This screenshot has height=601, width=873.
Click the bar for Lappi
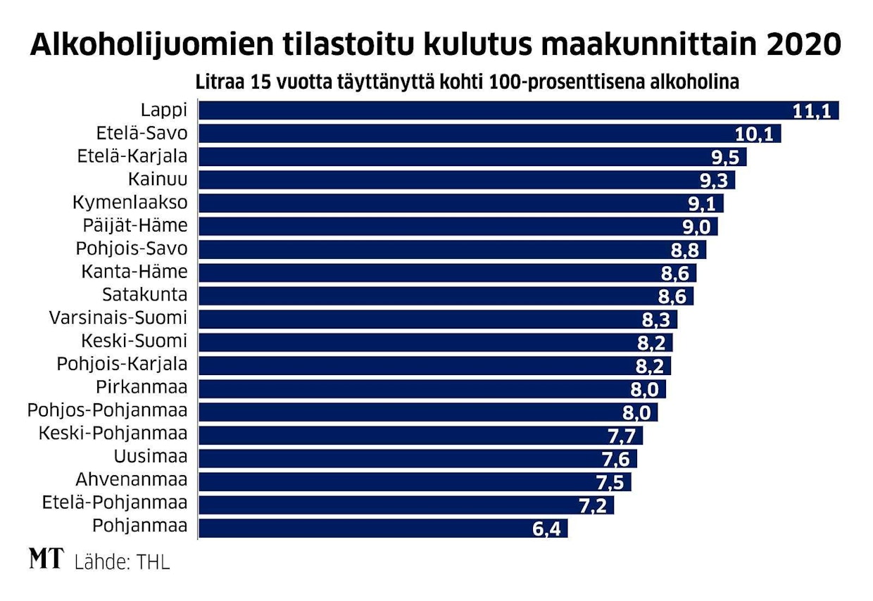point(493,110)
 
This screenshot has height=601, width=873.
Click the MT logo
point(46,560)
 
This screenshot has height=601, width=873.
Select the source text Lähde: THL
point(122,562)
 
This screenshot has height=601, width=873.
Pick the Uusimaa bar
point(415,458)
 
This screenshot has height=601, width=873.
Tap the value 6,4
point(546,528)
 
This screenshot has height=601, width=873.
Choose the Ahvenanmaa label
point(132,481)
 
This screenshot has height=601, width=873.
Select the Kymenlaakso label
point(130,203)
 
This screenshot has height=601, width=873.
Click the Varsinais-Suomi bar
point(436,320)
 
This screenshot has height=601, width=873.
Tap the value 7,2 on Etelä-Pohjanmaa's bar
point(593,505)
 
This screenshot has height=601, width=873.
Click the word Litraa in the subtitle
point(218,82)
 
